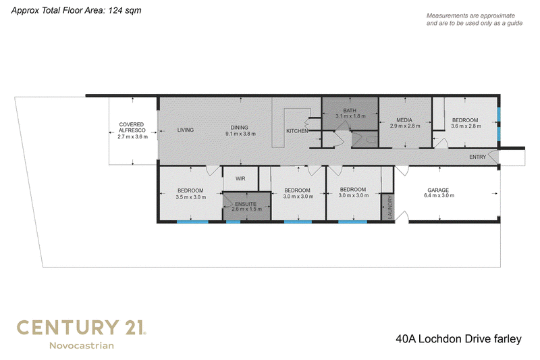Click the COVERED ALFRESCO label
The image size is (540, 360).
click(x=132, y=127)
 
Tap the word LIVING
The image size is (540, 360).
click(x=185, y=130)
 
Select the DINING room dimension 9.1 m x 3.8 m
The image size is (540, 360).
click(x=240, y=134)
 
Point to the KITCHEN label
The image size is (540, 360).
click(x=297, y=131)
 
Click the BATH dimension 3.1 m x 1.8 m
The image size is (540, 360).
click(x=350, y=116)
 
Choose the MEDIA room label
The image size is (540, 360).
click(x=404, y=120)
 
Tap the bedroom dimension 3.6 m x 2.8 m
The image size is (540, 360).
click(x=466, y=126)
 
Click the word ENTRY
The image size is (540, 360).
click(x=478, y=157)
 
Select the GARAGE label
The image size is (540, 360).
click(x=438, y=190)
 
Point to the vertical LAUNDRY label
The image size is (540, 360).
click(x=390, y=207)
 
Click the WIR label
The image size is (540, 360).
click(x=240, y=178)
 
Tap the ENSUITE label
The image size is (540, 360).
click(x=246, y=203)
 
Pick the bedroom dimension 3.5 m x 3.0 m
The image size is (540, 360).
click(x=191, y=197)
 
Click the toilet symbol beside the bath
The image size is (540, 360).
click(x=373, y=140)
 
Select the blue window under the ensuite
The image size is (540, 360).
click(x=233, y=222)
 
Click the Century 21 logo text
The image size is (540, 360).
click(x=81, y=328)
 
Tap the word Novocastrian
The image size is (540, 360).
click(x=82, y=346)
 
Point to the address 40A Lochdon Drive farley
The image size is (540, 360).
click(x=458, y=339)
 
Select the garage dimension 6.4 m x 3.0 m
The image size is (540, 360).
click(x=439, y=196)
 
